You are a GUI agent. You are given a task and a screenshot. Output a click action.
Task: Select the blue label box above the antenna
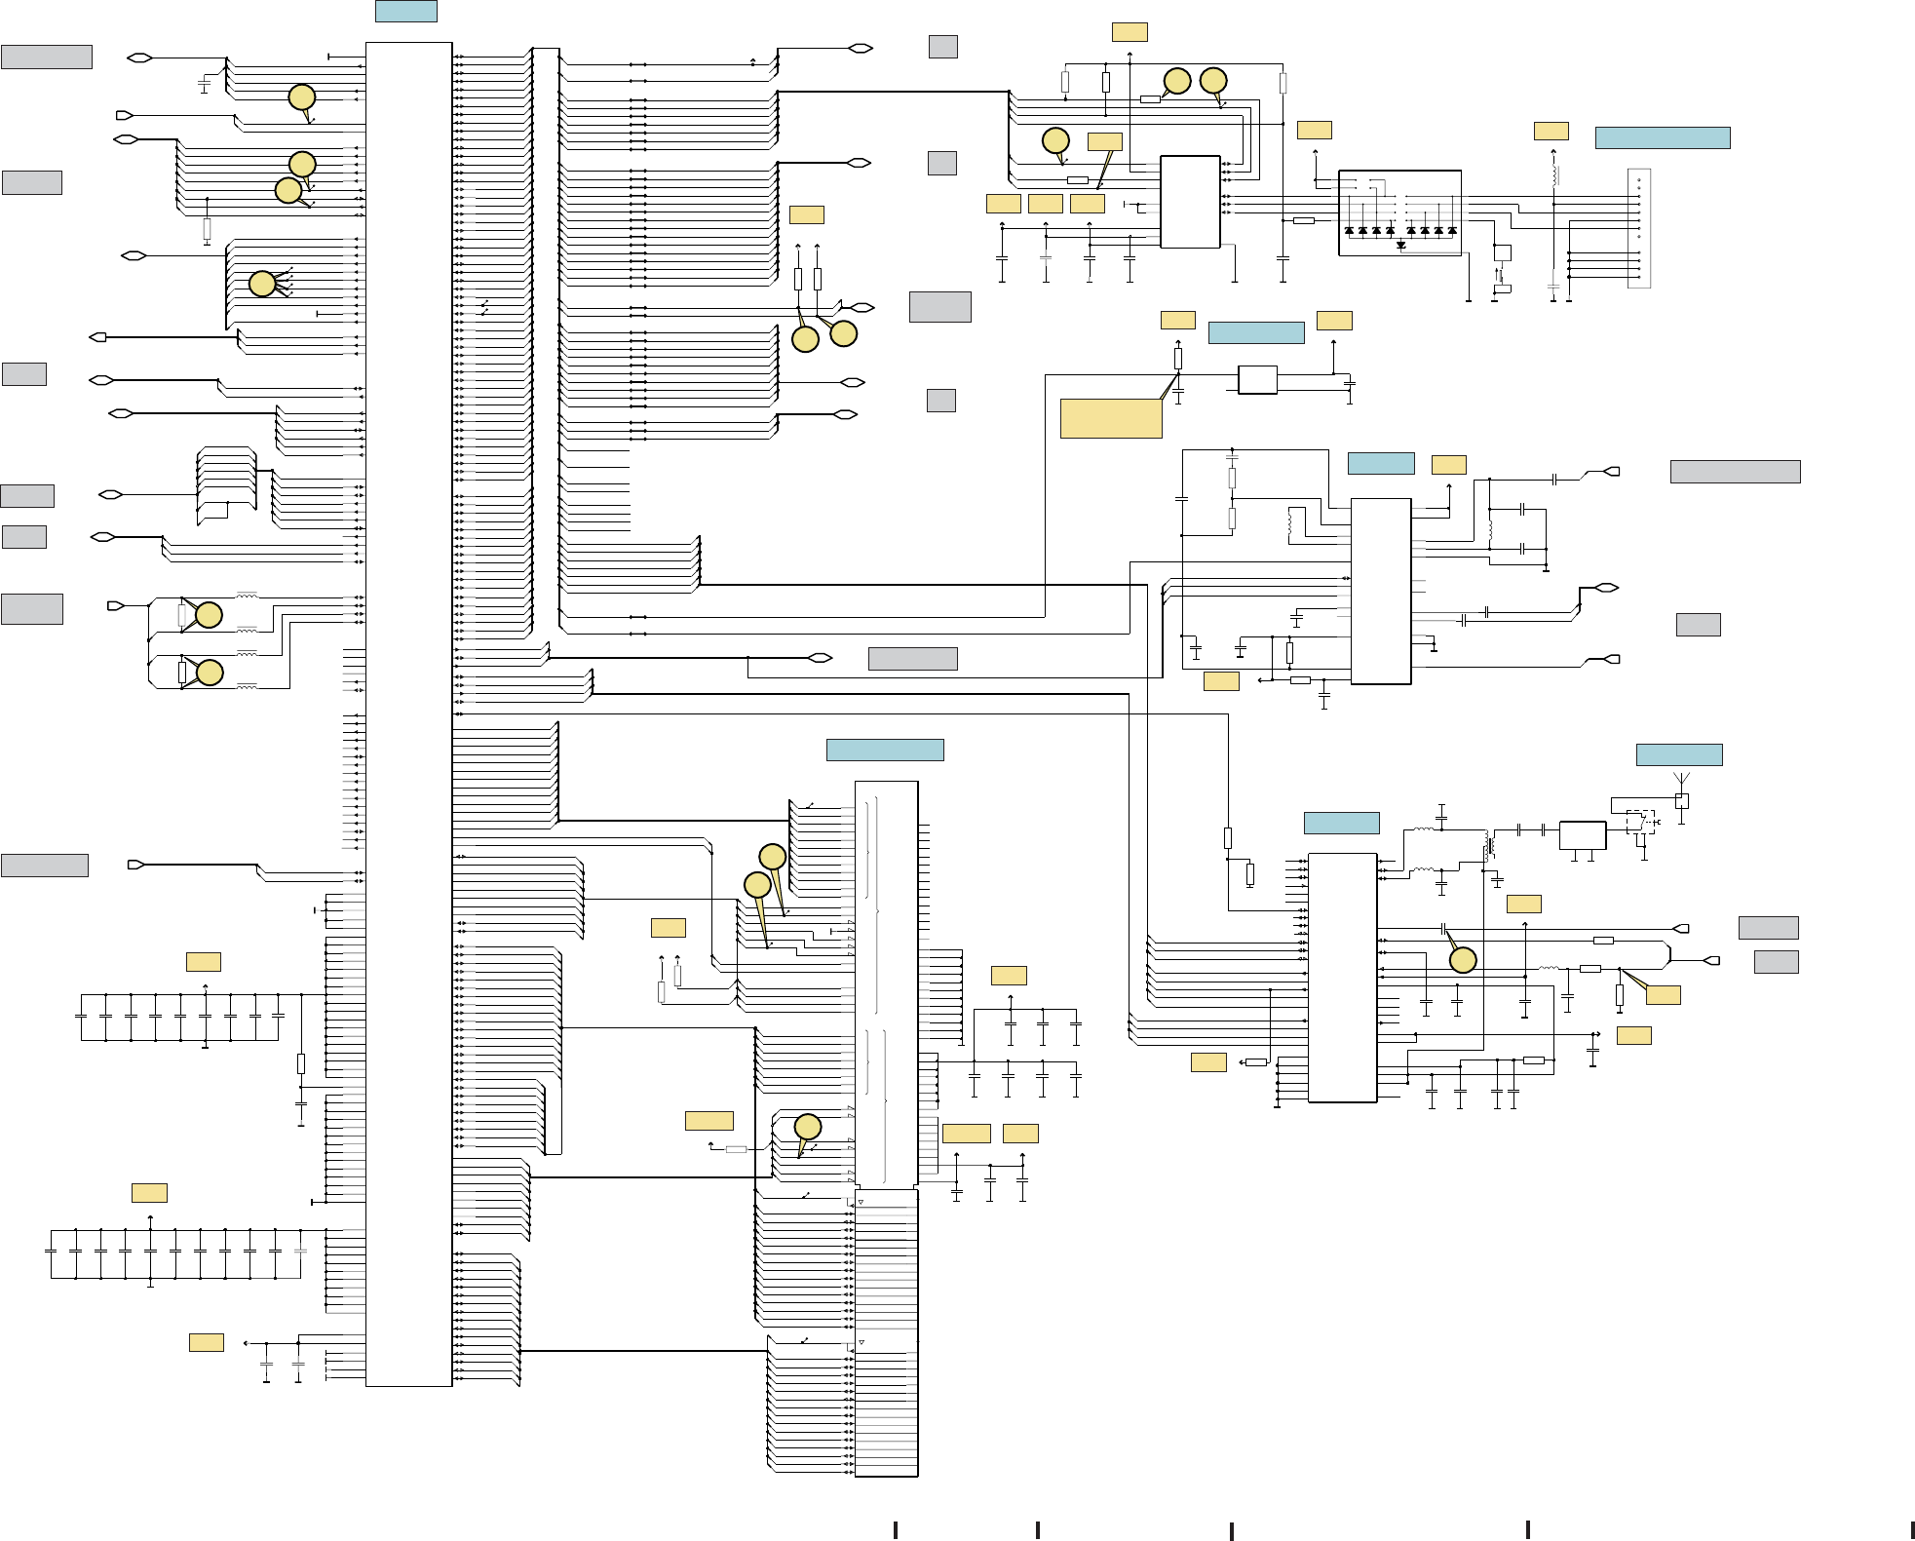point(1678,754)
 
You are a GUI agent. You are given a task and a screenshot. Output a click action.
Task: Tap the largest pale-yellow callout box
point(1110,418)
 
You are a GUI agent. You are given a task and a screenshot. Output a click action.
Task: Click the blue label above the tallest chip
point(405,11)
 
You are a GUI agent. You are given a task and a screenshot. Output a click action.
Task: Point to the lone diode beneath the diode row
point(1400,246)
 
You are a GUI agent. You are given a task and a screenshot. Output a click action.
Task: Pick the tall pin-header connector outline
point(1639,228)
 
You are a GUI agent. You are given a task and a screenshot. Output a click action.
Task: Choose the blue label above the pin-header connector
point(1662,137)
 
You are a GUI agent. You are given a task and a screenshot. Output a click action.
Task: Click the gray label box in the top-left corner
point(47,57)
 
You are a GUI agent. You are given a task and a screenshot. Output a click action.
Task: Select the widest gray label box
point(1735,472)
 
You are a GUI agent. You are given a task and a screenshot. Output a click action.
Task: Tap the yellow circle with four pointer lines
point(262,284)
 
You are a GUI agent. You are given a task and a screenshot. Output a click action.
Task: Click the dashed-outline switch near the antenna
point(1640,821)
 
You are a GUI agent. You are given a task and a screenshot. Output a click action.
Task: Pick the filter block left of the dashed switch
point(1583,835)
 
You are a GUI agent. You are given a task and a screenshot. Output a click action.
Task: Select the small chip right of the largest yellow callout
point(1257,380)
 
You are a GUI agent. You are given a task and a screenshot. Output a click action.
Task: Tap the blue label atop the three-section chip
point(884,750)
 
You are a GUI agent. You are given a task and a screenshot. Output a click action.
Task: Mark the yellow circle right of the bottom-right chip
point(1463,960)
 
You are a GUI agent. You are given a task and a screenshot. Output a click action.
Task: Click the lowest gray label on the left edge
point(45,865)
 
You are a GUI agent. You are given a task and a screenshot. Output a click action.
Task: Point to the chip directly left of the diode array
point(1190,202)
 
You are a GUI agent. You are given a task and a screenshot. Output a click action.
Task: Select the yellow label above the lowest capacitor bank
point(149,1192)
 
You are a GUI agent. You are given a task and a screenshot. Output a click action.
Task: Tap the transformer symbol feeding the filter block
point(1487,844)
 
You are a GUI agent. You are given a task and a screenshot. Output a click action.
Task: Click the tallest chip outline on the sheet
point(408,713)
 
